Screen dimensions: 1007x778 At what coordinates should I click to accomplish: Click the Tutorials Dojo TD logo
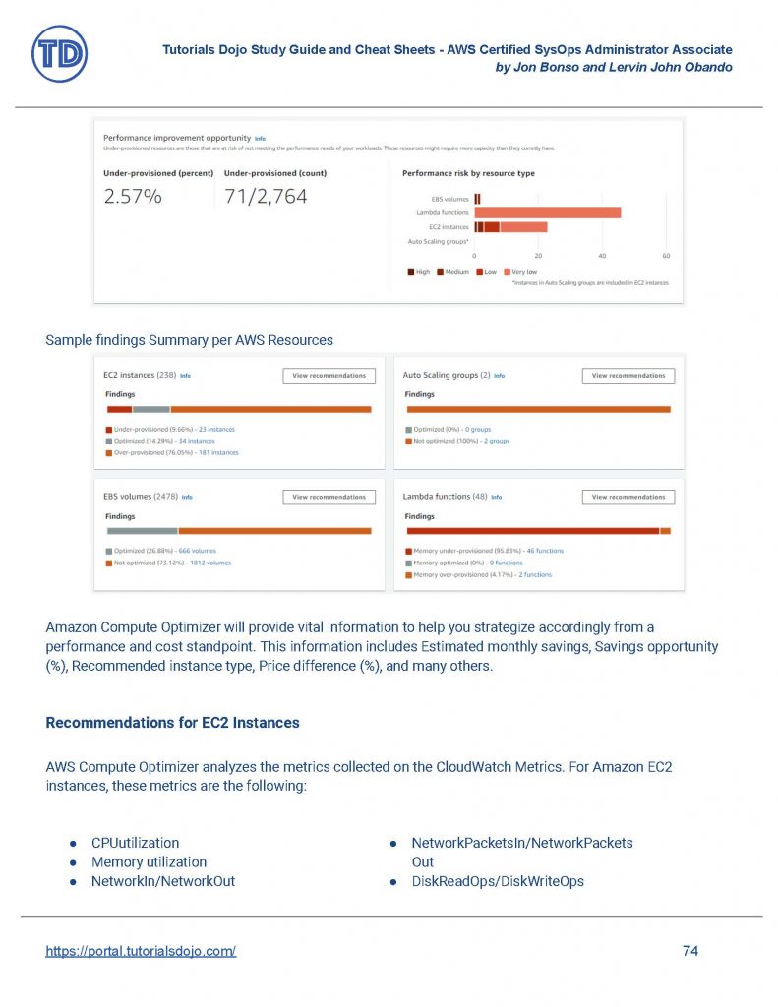tap(59, 53)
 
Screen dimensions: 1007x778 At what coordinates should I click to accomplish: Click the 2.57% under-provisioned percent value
tap(133, 197)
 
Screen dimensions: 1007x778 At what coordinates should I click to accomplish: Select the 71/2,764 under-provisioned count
tap(266, 197)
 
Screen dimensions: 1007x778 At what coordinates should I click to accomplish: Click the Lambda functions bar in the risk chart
tap(547, 212)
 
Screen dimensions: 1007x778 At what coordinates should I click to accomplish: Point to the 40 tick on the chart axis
tap(602, 256)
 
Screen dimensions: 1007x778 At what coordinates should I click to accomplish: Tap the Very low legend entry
tap(520, 272)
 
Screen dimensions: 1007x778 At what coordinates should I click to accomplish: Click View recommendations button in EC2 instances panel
tap(329, 376)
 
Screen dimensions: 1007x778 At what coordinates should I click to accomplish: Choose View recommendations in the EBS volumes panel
tap(329, 498)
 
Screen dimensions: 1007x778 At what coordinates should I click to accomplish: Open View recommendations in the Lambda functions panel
tap(628, 498)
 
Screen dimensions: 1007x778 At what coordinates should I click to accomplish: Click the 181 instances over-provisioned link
tap(218, 453)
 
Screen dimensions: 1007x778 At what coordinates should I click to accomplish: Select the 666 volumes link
tap(197, 552)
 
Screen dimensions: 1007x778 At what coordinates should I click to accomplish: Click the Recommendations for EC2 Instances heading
tap(172, 723)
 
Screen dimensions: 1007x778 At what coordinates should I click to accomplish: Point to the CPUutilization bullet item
tap(135, 843)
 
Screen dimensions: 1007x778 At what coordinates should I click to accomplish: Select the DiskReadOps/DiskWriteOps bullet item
tap(497, 881)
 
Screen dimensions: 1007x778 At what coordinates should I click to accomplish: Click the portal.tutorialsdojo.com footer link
tap(141, 951)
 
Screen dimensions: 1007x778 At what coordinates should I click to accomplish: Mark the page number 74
tap(689, 951)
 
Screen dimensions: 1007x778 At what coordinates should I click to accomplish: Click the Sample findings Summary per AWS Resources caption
tap(189, 340)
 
